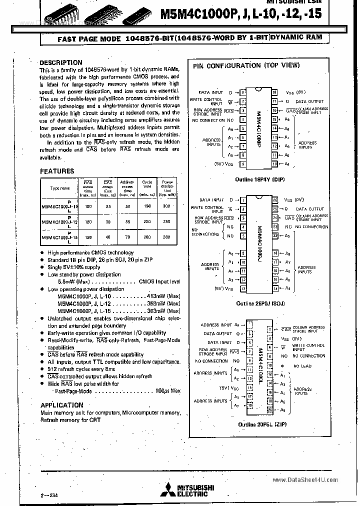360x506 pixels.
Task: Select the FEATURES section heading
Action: pyautogui.click(x=56, y=171)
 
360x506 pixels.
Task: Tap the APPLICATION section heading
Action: pyautogui.click(x=61, y=405)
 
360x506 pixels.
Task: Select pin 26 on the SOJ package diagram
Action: pyautogui.click(x=275, y=199)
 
